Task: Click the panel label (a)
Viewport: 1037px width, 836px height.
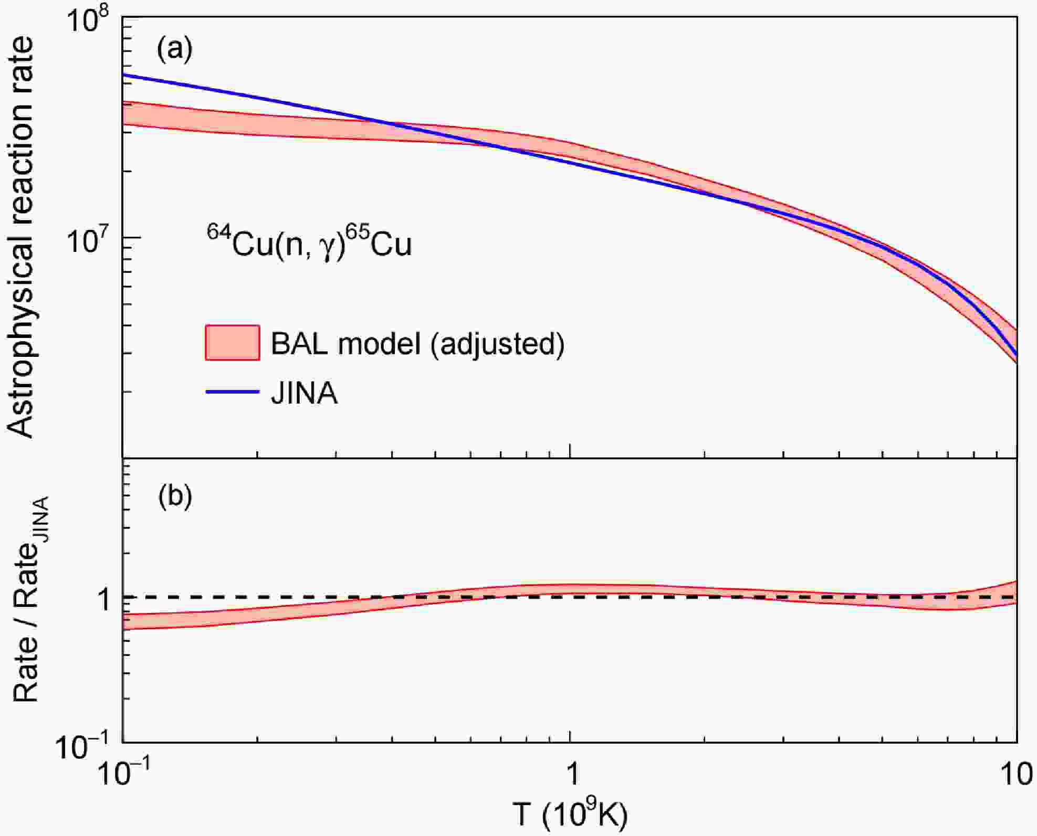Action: click(175, 49)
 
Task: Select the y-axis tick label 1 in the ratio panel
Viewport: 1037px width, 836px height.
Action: click(105, 598)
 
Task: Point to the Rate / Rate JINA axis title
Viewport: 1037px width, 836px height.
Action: click(29, 601)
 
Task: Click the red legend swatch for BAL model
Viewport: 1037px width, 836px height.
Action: click(232, 343)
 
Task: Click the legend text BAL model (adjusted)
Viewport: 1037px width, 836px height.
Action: click(417, 344)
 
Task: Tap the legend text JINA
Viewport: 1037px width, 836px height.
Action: click(304, 393)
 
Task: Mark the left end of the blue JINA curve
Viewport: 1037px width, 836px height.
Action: click(124, 75)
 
